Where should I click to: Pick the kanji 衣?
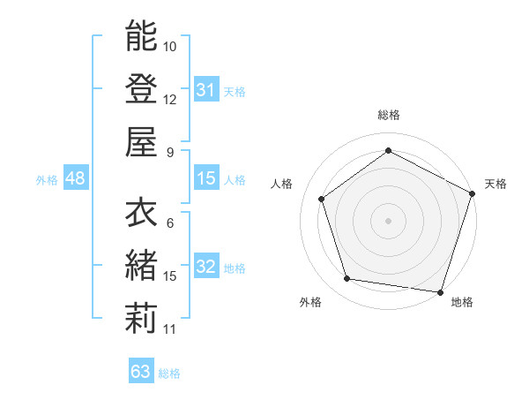(141, 213)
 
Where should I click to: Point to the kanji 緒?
(141, 266)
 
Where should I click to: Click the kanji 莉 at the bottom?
(141, 319)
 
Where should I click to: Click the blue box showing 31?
(205, 89)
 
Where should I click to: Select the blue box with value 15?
(205, 178)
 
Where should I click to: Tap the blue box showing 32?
(205, 267)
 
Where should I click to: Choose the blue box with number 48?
(75, 178)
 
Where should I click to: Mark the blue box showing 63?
(141, 372)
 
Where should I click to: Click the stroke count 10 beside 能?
(170, 46)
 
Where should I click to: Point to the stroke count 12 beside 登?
(170, 99)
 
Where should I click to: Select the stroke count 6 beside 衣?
(169, 223)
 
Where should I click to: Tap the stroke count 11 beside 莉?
(170, 329)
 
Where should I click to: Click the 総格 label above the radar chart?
(388, 116)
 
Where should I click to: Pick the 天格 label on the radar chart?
(495, 184)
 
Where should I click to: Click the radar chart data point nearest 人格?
(322, 199)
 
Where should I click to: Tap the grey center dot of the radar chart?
(388, 220)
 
